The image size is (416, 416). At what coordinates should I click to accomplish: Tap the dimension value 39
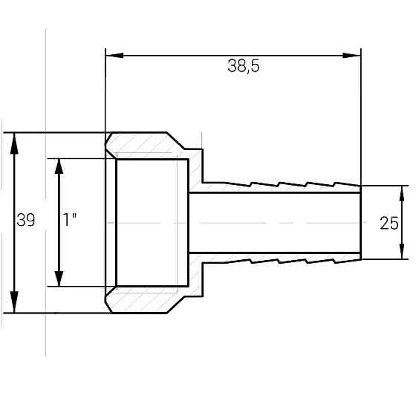(x=26, y=221)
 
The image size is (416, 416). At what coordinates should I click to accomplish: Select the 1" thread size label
(x=71, y=221)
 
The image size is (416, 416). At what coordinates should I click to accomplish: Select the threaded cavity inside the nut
(x=152, y=223)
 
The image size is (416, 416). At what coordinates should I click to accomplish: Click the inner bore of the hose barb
(x=275, y=223)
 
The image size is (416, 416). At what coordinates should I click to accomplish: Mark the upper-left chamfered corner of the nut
(x=109, y=137)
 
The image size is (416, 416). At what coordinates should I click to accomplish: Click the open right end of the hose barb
(x=360, y=223)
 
